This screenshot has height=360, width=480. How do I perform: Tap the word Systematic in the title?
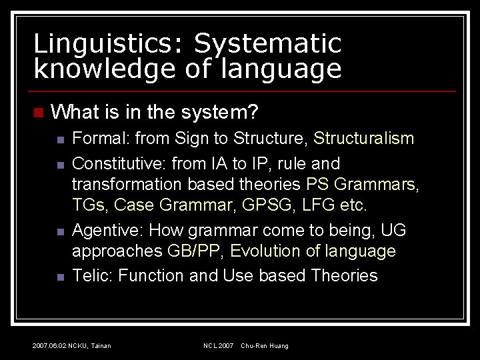tap(267, 44)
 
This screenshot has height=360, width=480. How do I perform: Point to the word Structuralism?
tap(363, 139)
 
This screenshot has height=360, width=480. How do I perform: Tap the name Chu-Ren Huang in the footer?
tap(265, 346)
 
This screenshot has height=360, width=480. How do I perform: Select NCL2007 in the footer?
tap(218, 346)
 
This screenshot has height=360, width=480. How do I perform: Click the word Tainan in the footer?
tap(100, 346)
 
